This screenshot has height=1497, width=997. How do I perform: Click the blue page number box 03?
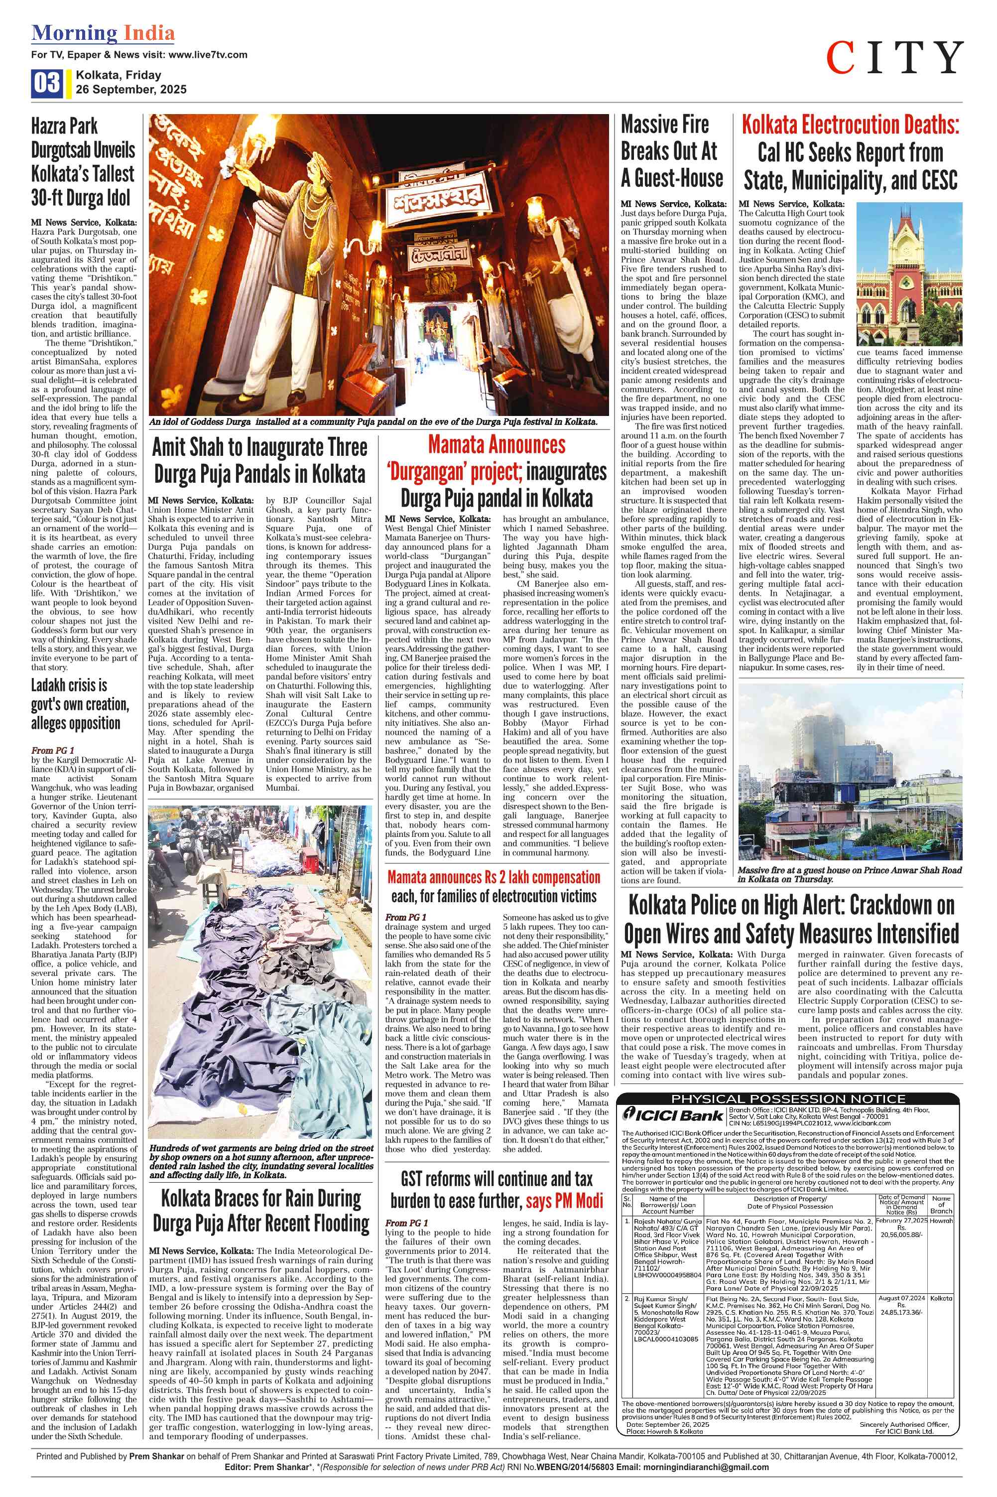coord(46,83)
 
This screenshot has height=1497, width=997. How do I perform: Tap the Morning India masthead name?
coord(103,33)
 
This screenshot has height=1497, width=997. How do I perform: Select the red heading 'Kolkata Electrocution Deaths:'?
coord(850,125)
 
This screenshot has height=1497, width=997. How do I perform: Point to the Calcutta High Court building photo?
coord(909,273)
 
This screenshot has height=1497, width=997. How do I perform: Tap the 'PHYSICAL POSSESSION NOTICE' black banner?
coord(788,1099)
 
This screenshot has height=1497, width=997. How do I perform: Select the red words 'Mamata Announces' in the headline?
coord(497,444)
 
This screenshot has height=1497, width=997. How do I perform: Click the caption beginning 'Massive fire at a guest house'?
coord(850,874)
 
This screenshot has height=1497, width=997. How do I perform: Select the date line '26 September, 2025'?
coord(131,90)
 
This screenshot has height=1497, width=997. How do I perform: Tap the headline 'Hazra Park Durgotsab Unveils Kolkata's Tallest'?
coord(83,161)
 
